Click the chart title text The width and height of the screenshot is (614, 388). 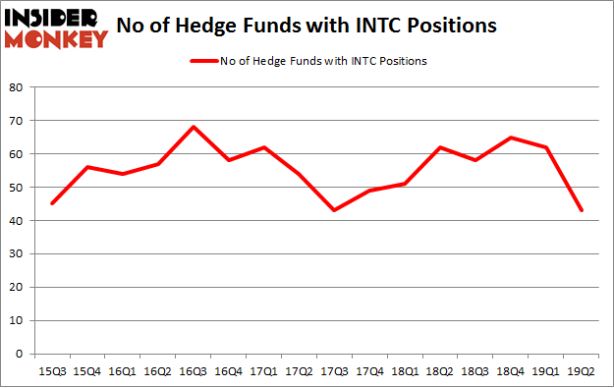click(307, 27)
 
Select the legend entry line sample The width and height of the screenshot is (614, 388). click(208, 61)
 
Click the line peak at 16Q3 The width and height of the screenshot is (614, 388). click(193, 127)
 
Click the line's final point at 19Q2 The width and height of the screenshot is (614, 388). click(581, 210)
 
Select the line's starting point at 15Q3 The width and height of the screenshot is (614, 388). click(52, 203)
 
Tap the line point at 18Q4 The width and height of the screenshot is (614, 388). click(510, 138)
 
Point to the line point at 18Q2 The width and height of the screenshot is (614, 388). click(439, 147)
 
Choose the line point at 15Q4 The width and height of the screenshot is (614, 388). click(87, 167)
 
